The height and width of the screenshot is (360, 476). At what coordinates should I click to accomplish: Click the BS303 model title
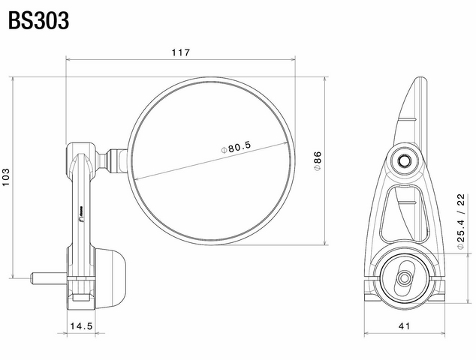click(x=38, y=20)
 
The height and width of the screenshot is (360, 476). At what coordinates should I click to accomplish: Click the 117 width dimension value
click(x=181, y=52)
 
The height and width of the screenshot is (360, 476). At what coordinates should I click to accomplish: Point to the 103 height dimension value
click(x=6, y=177)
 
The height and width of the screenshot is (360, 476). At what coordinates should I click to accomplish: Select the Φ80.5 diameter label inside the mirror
click(x=236, y=148)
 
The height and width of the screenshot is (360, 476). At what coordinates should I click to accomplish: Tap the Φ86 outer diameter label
click(x=318, y=160)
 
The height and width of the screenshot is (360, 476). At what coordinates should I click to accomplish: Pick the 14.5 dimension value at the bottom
click(x=81, y=326)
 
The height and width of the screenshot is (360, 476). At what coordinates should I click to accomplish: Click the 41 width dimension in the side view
click(x=404, y=326)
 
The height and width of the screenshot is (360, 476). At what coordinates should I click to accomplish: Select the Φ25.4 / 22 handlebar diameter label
click(x=460, y=221)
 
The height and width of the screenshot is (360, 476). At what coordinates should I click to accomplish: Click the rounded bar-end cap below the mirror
click(x=110, y=279)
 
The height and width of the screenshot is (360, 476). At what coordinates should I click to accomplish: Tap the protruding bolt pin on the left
click(x=49, y=278)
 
